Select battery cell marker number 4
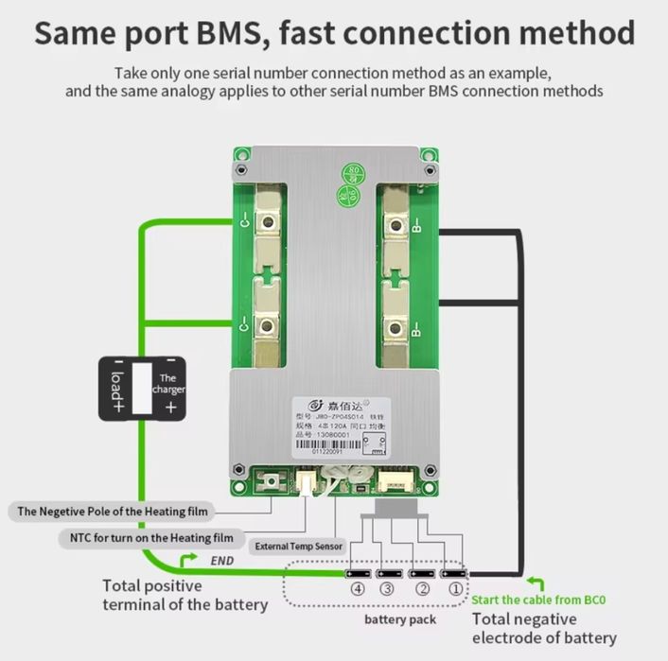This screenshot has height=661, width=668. [356, 587]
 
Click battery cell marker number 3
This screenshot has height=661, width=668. [387, 587]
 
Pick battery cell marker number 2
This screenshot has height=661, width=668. [422, 587]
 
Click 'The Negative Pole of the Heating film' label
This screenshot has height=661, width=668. [113, 511]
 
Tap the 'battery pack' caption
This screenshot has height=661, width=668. [400, 619]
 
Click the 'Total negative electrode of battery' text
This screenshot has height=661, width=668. [544, 628]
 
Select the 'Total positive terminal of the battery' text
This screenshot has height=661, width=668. [185, 595]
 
